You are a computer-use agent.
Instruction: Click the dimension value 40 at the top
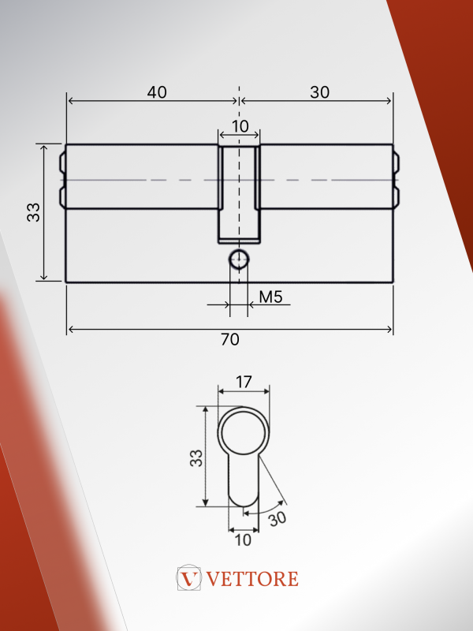157,92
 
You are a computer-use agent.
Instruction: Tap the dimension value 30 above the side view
320,92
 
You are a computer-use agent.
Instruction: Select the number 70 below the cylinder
230,340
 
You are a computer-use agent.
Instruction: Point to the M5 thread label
270,297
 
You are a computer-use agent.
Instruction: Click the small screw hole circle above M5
239,259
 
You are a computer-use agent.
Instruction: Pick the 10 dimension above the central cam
240,126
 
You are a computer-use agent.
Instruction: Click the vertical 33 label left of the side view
34,212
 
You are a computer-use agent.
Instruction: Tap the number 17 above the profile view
244,382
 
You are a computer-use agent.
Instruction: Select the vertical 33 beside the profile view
196,458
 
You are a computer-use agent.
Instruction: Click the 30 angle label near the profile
277,519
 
